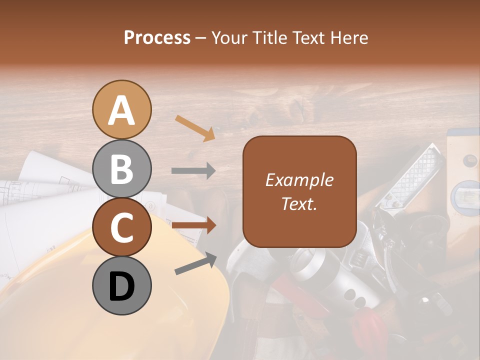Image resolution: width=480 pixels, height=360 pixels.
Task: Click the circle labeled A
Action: [121, 109]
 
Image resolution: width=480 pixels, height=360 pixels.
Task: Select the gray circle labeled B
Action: [121, 169]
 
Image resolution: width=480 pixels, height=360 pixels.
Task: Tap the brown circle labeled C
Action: [121, 227]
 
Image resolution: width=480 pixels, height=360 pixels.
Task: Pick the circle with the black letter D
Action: [121, 285]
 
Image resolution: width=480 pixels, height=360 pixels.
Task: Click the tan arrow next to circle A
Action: [195, 128]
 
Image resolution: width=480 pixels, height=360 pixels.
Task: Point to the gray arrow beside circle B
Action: [193, 171]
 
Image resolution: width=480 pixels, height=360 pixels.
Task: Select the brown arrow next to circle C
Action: [194, 226]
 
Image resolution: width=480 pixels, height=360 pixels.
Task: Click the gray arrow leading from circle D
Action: [195, 263]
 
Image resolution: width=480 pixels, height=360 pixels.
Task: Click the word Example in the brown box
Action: [299, 180]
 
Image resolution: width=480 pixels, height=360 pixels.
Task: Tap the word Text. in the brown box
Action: [299, 203]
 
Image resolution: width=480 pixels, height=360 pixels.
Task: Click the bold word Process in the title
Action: [157, 38]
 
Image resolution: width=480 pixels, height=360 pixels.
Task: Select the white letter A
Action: [121, 110]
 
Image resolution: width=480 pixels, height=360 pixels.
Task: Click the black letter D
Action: [121, 286]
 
